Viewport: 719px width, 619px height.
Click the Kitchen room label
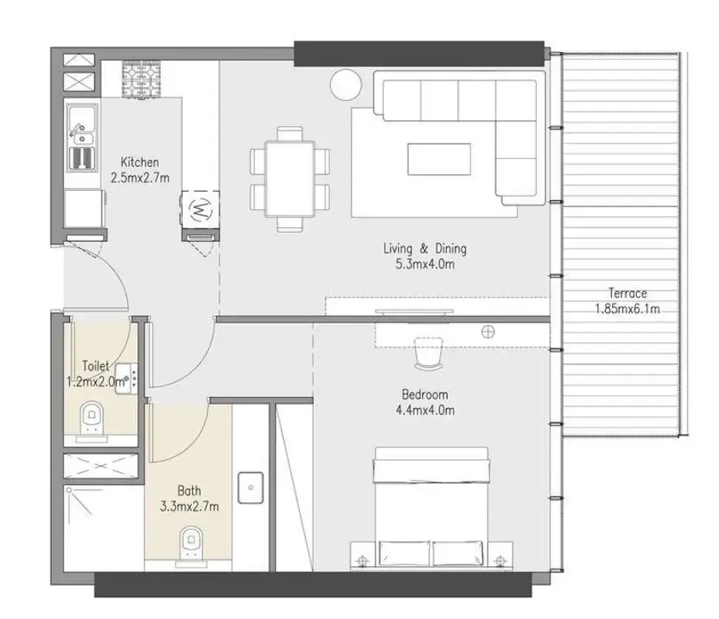139,162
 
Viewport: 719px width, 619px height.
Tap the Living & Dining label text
425,249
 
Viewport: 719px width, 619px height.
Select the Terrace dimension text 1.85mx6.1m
627,308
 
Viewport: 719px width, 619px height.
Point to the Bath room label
188,490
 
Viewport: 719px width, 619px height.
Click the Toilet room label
96,366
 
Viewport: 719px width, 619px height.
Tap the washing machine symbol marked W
200,209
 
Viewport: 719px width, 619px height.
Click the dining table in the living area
290,178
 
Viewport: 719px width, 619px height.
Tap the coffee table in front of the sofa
439,159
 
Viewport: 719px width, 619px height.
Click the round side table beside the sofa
345,83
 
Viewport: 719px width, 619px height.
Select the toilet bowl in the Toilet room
93,419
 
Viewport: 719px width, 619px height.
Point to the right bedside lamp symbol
498,556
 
